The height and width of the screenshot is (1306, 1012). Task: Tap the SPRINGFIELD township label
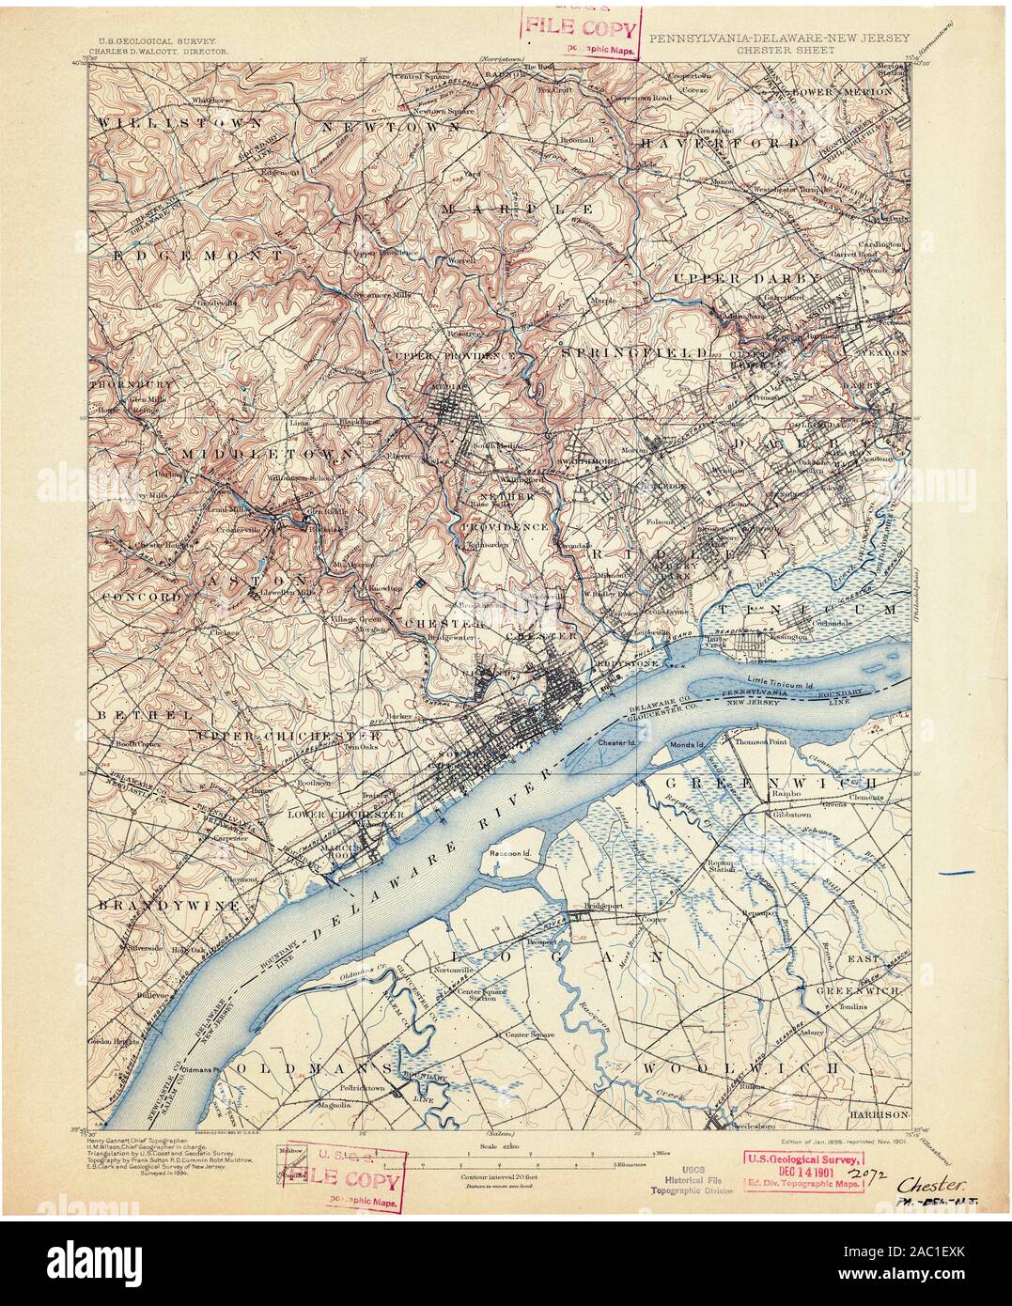(x=634, y=351)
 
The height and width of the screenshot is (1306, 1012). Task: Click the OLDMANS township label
(x=316, y=1070)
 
